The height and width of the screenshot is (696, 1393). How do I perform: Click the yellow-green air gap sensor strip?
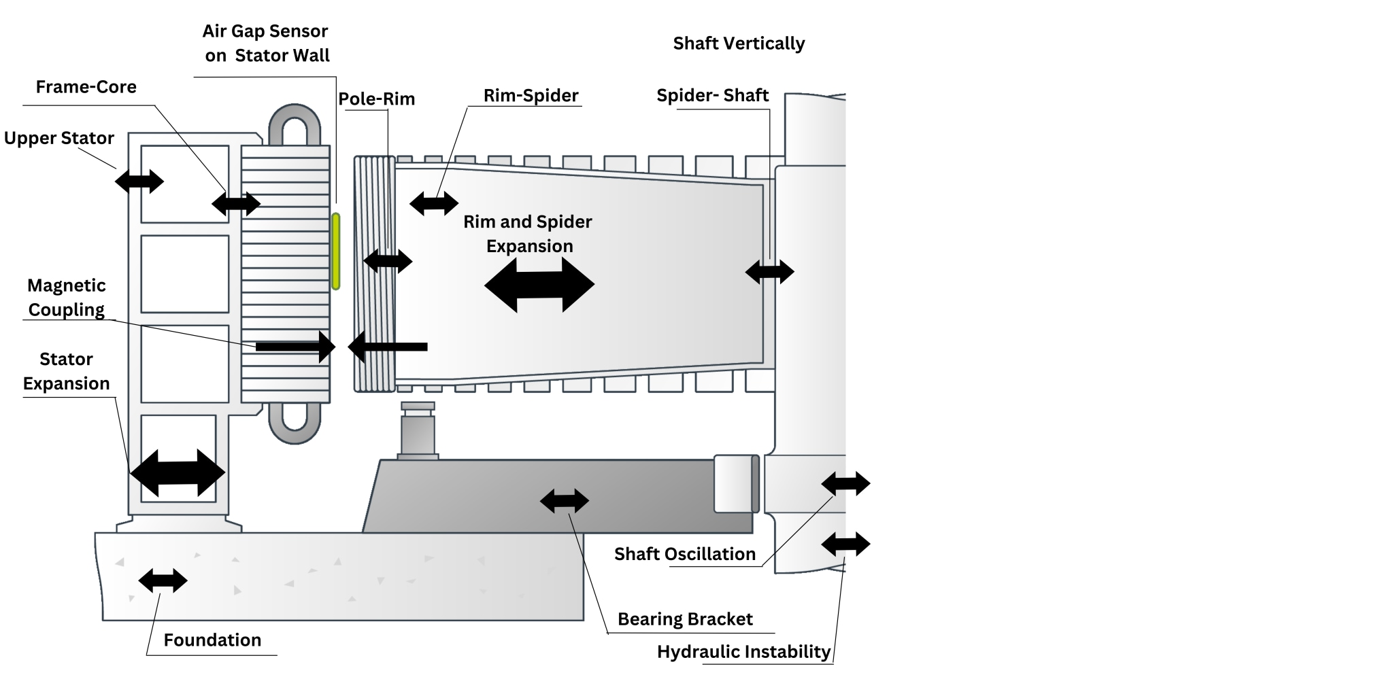click(x=335, y=251)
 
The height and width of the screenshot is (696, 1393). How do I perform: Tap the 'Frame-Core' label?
click(x=86, y=87)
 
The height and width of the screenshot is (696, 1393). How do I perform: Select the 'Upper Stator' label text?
click(x=58, y=138)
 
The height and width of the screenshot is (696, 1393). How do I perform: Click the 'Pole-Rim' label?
click(x=376, y=99)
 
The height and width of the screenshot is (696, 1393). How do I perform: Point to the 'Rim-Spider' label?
click(x=531, y=96)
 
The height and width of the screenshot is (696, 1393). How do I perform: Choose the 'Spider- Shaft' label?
click(x=712, y=96)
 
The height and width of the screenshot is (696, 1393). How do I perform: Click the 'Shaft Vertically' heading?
click(x=739, y=43)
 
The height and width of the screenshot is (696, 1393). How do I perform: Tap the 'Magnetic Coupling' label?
click(x=67, y=298)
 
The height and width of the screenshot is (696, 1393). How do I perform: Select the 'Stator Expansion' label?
click(x=66, y=371)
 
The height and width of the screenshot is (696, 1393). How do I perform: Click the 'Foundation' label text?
click(x=212, y=640)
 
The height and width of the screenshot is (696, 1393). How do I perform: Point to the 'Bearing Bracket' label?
click(x=685, y=619)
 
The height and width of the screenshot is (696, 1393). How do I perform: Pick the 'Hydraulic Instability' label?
click(x=743, y=652)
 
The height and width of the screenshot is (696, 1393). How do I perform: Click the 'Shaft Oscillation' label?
click(x=685, y=554)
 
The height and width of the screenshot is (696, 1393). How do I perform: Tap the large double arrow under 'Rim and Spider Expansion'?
click(x=539, y=284)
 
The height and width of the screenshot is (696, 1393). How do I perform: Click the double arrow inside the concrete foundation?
click(x=163, y=580)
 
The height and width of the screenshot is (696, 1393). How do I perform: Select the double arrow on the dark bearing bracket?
click(x=564, y=501)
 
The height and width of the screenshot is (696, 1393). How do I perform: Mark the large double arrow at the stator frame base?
click(x=178, y=472)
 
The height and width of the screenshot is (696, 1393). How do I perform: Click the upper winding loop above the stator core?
click(x=295, y=126)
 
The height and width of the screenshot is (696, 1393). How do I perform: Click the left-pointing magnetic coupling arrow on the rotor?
click(x=387, y=347)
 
